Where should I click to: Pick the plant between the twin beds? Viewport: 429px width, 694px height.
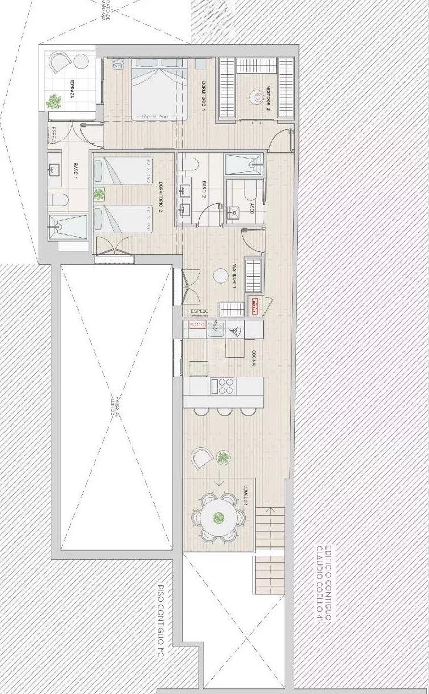[100, 195]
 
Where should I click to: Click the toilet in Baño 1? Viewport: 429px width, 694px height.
[59, 199]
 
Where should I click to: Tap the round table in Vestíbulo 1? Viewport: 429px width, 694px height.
[219, 276]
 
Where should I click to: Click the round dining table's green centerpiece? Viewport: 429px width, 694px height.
[218, 517]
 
